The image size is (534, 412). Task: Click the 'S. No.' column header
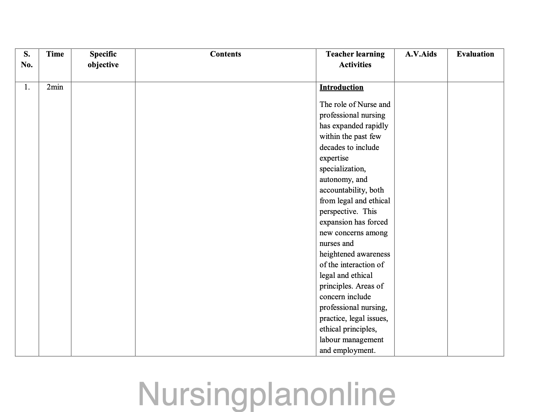[x=27, y=59]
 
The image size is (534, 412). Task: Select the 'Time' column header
[x=55, y=54]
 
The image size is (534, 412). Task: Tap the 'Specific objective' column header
[x=103, y=59]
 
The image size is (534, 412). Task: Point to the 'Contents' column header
[x=225, y=54]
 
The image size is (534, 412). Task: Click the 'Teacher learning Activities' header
[x=355, y=59]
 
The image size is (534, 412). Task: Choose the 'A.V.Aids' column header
[x=421, y=54]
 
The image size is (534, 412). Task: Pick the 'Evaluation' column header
[x=475, y=54]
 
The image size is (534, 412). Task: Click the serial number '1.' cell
[x=27, y=87]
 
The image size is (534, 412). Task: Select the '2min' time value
[x=55, y=87]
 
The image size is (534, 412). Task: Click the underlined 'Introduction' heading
[x=341, y=87]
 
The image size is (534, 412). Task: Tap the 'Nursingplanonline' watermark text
[x=267, y=394]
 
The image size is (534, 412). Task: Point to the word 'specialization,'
[x=342, y=169]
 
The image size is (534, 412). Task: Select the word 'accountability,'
[x=342, y=190]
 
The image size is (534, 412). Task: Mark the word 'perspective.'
[x=339, y=211]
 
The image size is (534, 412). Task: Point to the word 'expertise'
[x=334, y=158]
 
